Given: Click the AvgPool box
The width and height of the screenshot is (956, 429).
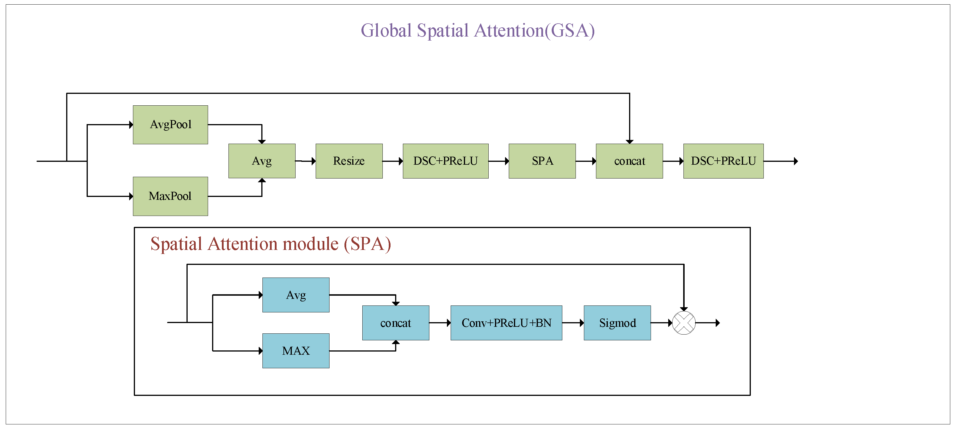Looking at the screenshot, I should [x=170, y=124].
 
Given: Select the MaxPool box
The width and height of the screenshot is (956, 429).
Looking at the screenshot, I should [x=170, y=196].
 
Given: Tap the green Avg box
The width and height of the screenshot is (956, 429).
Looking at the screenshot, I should [x=262, y=161].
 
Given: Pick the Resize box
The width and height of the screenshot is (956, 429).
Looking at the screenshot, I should [x=349, y=161].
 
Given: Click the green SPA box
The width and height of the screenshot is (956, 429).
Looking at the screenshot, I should [x=542, y=161].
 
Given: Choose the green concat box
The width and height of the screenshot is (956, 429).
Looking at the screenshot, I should [x=629, y=161].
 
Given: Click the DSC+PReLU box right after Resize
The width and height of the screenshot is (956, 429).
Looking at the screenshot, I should [x=445, y=161].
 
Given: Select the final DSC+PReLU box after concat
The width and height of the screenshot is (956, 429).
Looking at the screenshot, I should [x=723, y=161].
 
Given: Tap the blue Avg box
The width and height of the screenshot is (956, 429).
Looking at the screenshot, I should [x=296, y=295].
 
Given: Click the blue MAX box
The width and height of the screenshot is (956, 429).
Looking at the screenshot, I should [x=296, y=351].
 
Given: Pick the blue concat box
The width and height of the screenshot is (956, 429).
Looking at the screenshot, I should [x=396, y=323].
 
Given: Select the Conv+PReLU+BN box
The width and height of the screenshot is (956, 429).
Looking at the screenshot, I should [x=506, y=323].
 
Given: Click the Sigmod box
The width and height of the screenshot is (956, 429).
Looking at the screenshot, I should [x=617, y=323].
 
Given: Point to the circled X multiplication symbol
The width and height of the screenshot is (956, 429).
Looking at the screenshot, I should [x=683, y=323].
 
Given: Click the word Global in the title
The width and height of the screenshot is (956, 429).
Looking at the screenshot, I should [x=386, y=31].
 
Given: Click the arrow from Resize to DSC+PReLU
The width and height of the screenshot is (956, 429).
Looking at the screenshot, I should [x=393, y=161].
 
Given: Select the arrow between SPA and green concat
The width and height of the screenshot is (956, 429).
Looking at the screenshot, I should [x=586, y=161].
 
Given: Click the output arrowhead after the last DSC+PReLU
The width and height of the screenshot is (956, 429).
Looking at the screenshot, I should [x=795, y=161].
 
